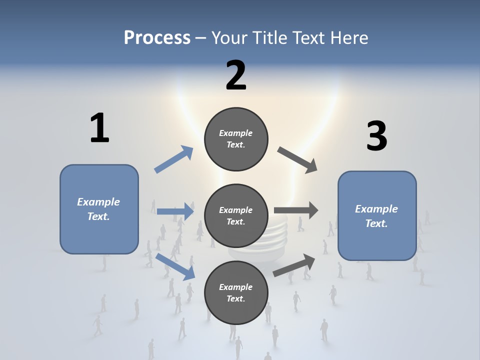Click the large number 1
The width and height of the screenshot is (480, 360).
(99, 128)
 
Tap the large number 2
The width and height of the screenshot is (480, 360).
(236, 75)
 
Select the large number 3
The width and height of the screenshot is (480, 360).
(376, 136)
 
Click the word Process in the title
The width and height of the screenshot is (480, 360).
(157, 37)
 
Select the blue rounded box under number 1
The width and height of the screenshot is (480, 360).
(99, 209)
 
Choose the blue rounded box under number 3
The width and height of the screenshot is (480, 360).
(377, 215)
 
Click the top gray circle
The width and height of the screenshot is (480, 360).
(236, 139)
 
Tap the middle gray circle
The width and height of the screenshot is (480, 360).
(236, 215)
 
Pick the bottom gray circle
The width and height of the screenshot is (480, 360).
(236, 292)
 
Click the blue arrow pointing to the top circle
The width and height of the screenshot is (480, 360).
(174, 159)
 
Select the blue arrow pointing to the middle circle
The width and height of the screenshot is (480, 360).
(175, 211)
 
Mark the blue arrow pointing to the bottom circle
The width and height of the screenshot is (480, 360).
(175, 266)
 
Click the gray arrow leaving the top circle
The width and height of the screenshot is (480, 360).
(297, 159)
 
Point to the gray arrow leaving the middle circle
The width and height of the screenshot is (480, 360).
(296, 210)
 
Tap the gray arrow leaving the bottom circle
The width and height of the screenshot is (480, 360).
(294, 265)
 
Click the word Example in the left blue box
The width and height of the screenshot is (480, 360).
(98, 202)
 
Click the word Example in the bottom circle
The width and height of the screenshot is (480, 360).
(236, 287)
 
